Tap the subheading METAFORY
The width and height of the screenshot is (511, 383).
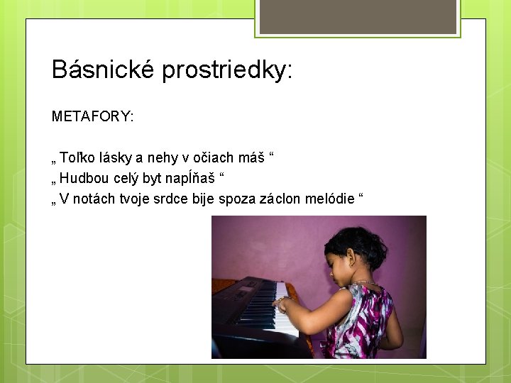[x=92, y=116]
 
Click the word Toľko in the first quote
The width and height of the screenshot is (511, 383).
[x=75, y=157]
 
